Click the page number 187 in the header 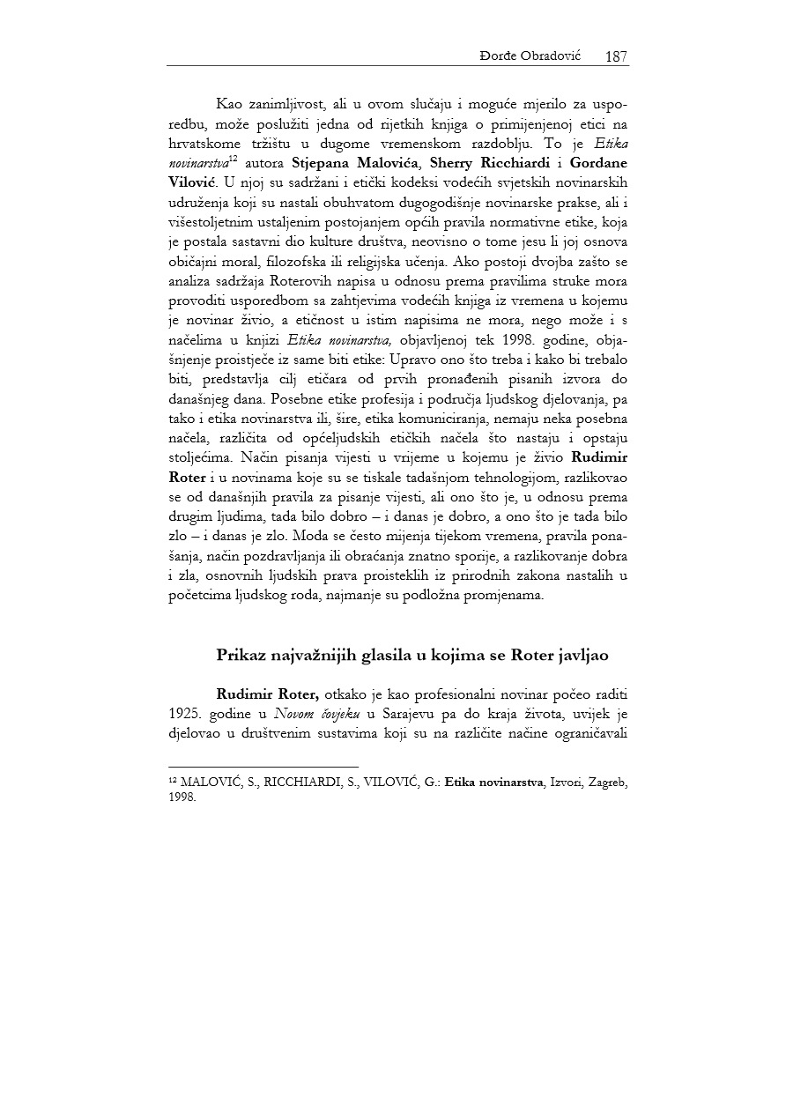616,56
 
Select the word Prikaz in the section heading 241,656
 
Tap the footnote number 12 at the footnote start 173,781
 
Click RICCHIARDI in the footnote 300,783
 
